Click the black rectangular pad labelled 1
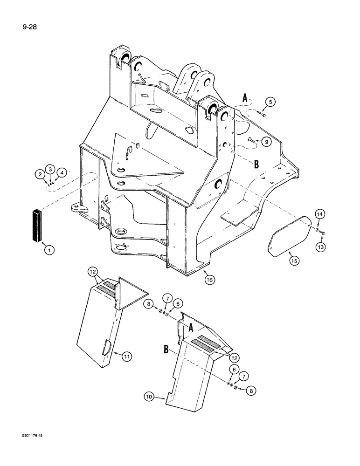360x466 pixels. pos(37,226)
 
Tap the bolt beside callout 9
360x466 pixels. pos(251,139)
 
